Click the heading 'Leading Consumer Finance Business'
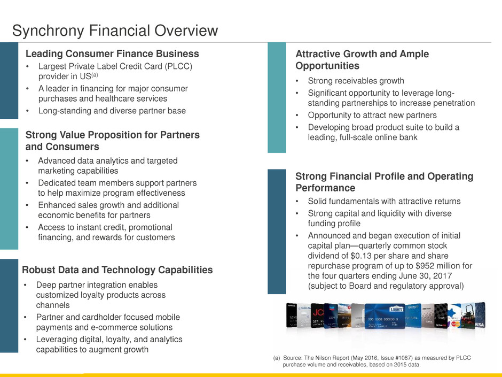(112, 53)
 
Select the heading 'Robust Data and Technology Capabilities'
(117, 270)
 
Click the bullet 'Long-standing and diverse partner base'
(112, 111)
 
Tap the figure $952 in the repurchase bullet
(423, 266)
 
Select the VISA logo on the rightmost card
(479, 324)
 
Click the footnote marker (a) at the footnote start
(276, 357)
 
